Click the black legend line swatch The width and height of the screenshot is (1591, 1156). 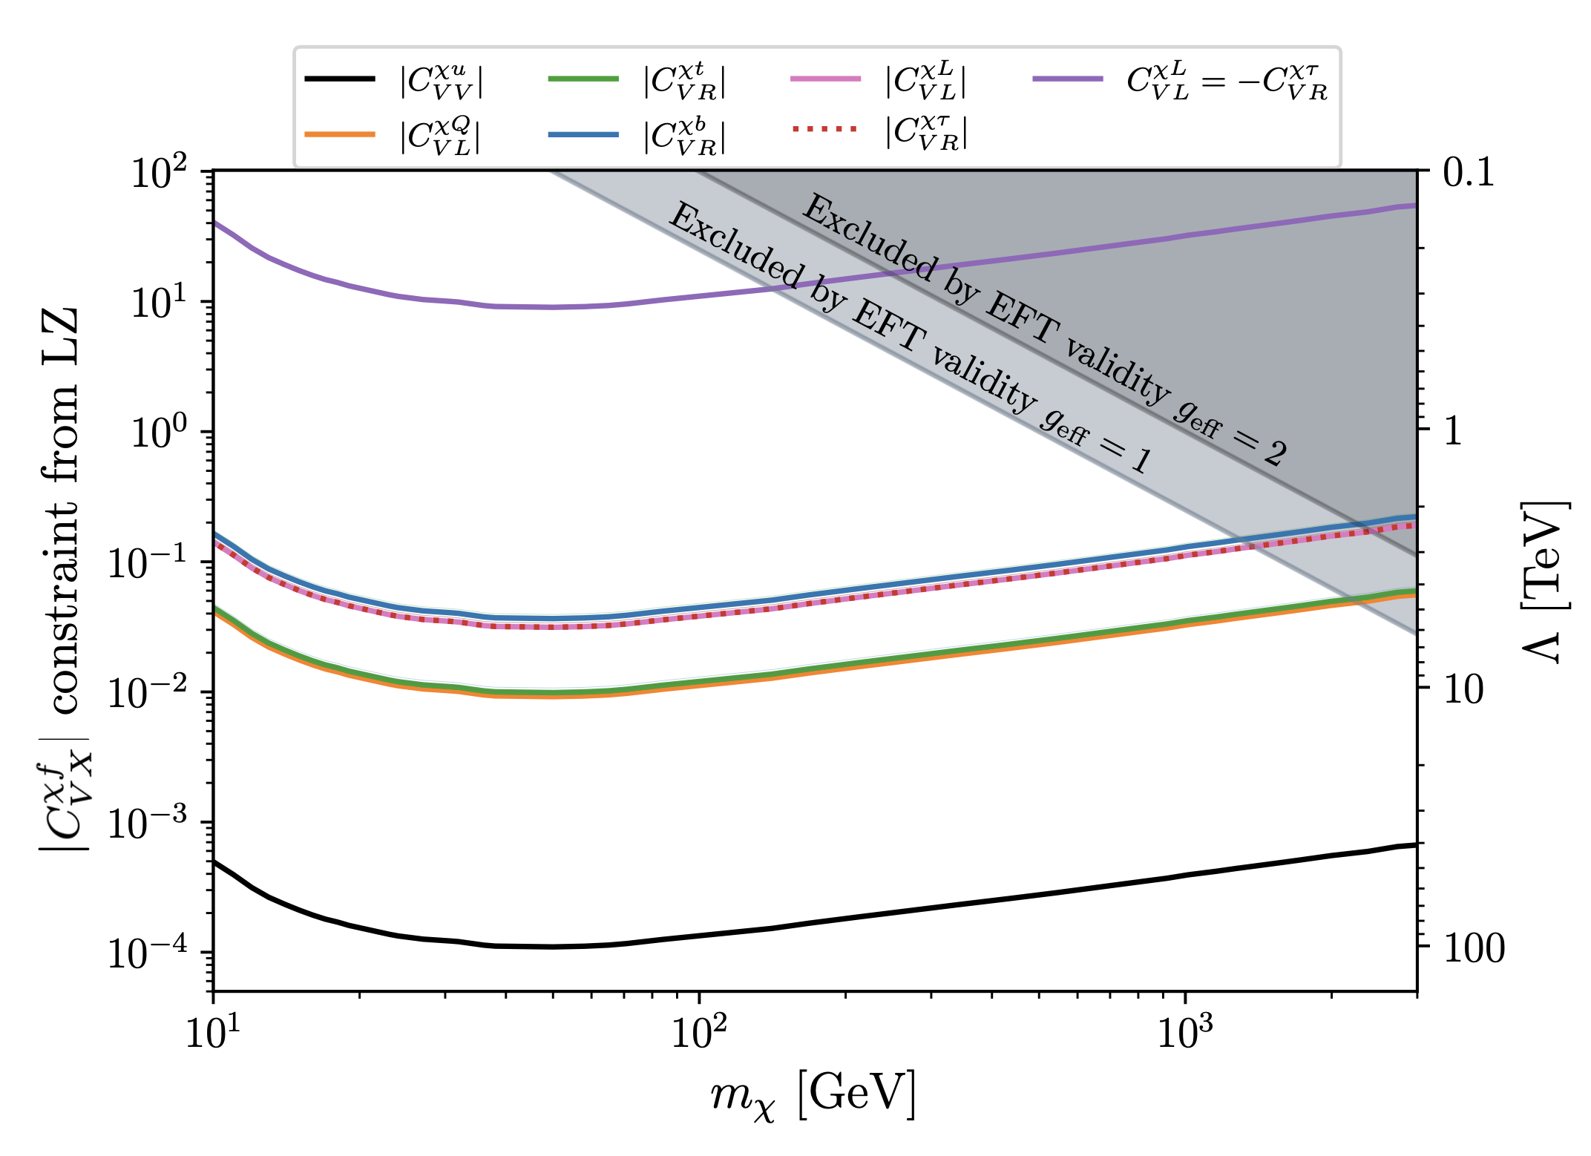340,79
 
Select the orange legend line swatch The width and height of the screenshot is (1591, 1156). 340,134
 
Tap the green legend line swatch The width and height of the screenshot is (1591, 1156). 583,79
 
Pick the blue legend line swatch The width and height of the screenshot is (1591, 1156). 583,134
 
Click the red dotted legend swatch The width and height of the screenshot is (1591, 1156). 825,129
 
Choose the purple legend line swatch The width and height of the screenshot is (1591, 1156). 1067,79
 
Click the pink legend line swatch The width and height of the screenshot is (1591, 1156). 825,79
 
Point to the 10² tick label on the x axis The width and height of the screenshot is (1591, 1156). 698,1031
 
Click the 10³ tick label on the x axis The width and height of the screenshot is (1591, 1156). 1185,1031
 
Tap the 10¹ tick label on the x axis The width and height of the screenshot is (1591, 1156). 213,1031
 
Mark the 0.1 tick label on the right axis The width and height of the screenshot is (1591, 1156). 1469,172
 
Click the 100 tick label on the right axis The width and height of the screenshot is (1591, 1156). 1474,948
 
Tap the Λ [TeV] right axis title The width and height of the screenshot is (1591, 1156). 1544,582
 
